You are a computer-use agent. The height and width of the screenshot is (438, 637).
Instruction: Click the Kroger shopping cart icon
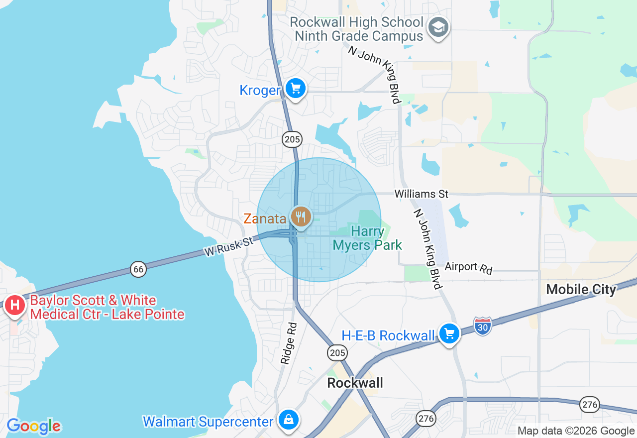[x=296, y=89]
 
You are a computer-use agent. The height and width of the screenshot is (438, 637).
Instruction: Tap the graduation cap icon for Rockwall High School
[x=438, y=27]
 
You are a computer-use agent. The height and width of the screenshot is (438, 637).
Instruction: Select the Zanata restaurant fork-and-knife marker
[x=301, y=217]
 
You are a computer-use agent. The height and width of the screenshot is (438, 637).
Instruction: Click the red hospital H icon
[x=14, y=304]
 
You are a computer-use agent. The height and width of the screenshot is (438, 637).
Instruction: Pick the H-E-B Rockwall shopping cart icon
[x=449, y=334]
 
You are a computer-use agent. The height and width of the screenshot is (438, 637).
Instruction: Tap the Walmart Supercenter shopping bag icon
[x=288, y=420]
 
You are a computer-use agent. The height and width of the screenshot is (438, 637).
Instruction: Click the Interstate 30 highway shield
[x=482, y=326]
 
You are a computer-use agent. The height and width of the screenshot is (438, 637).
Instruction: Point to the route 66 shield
[x=138, y=269]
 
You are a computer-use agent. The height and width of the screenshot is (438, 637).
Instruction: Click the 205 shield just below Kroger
[x=292, y=139]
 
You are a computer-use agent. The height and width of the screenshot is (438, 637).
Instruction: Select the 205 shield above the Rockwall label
[x=337, y=353]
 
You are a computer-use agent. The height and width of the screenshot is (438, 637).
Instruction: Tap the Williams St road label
[x=422, y=193]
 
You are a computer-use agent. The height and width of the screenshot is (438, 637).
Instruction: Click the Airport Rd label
[x=468, y=268]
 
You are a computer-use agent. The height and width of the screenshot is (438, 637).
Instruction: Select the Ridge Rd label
[x=289, y=343]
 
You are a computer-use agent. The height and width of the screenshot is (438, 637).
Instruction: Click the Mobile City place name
[x=581, y=289]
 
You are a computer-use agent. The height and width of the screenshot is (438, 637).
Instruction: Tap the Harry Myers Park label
[x=367, y=238]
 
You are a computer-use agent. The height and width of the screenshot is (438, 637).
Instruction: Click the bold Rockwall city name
[x=355, y=382]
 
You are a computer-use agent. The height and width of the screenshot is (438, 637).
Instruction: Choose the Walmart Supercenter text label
[x=208, y=422]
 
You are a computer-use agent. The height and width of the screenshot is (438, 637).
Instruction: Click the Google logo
[x=33, y=427]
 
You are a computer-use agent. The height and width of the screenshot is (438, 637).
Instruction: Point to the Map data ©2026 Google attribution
[x=576, y=431]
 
